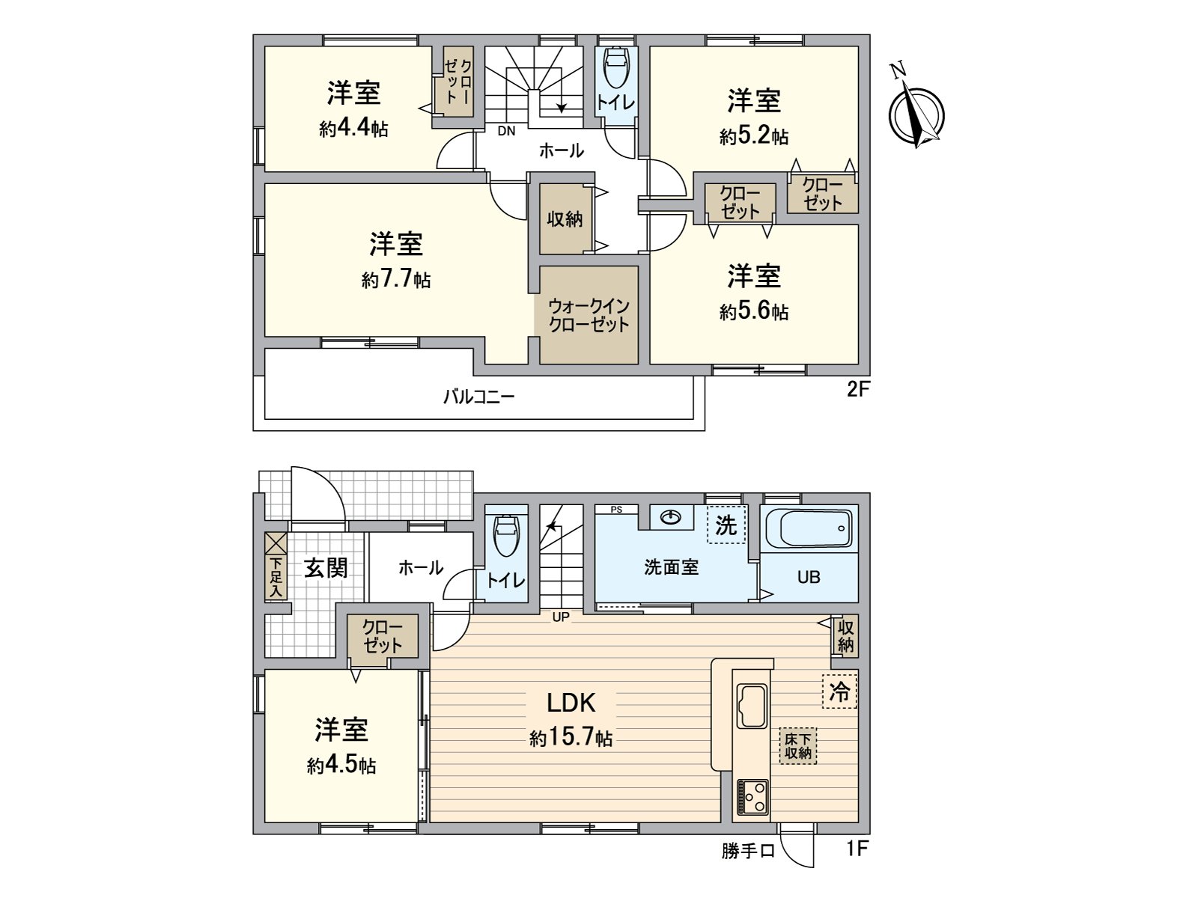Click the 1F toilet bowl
[x=506, y=535]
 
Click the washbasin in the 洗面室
[x=671, y=516]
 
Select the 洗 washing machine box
[x=726, y=525]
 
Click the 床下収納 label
[x=798, y=745]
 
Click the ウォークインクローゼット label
[x=589, y=316]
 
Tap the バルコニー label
[x=478, y=397]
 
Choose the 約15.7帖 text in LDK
[x=571, y=738]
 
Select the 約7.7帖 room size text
[x=395, y=280]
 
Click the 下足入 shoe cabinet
[x=276, y=566]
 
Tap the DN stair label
[x=507, y=131]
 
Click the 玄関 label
[x=326, y=568]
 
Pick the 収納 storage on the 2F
[x=565, y=219]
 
